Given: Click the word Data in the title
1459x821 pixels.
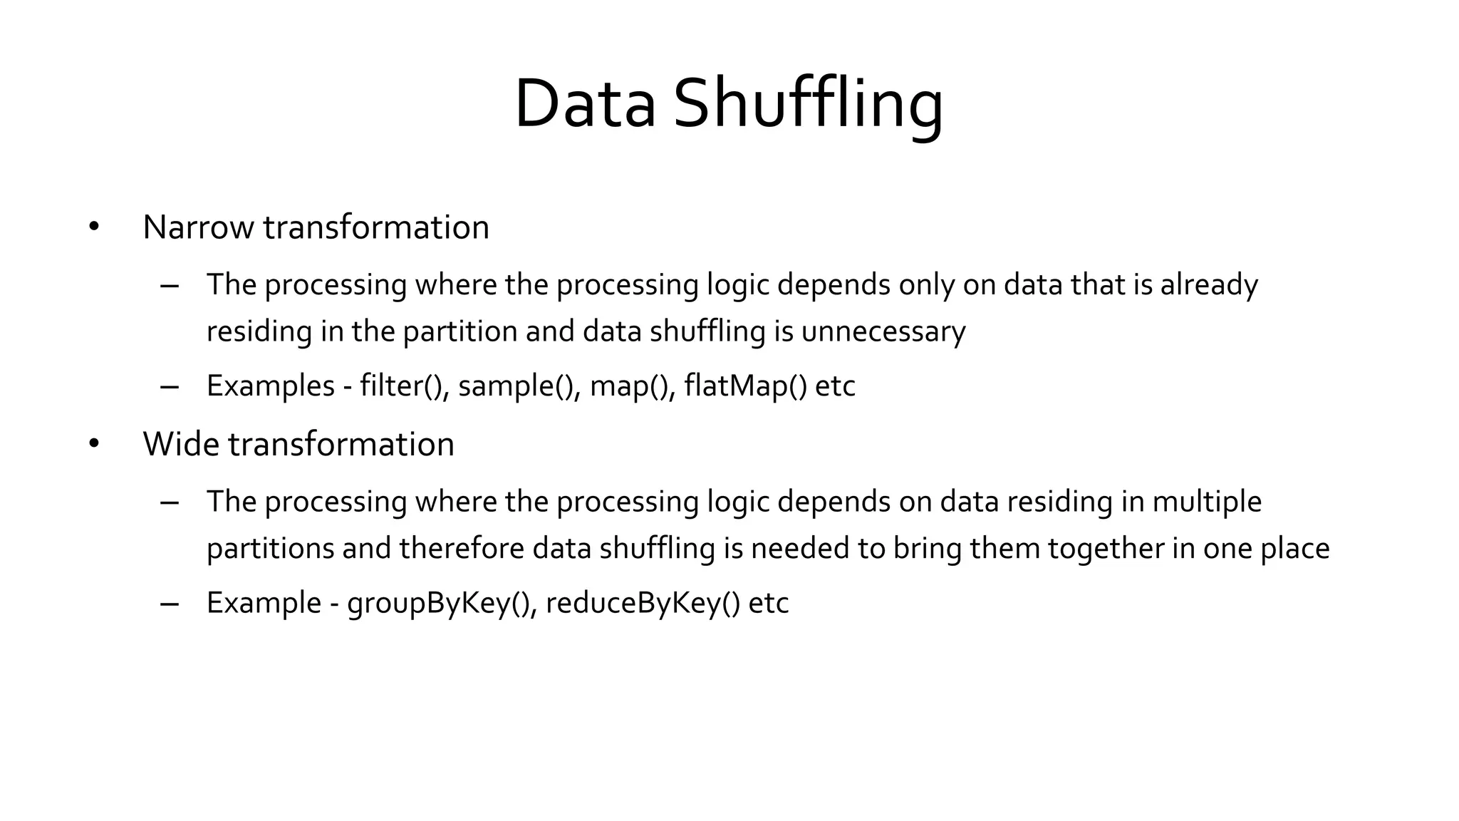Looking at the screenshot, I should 584,104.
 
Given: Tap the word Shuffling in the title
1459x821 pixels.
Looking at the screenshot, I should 808,104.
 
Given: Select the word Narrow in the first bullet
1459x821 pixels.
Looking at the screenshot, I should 198,227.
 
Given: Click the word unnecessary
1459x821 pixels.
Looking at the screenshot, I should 883,331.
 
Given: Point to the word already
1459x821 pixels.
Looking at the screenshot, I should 1209,284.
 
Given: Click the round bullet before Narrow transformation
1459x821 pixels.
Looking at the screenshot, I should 94,227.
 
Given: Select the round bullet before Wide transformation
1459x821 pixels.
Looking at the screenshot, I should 94,444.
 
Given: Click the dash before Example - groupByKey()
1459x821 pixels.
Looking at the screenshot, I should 169,604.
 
